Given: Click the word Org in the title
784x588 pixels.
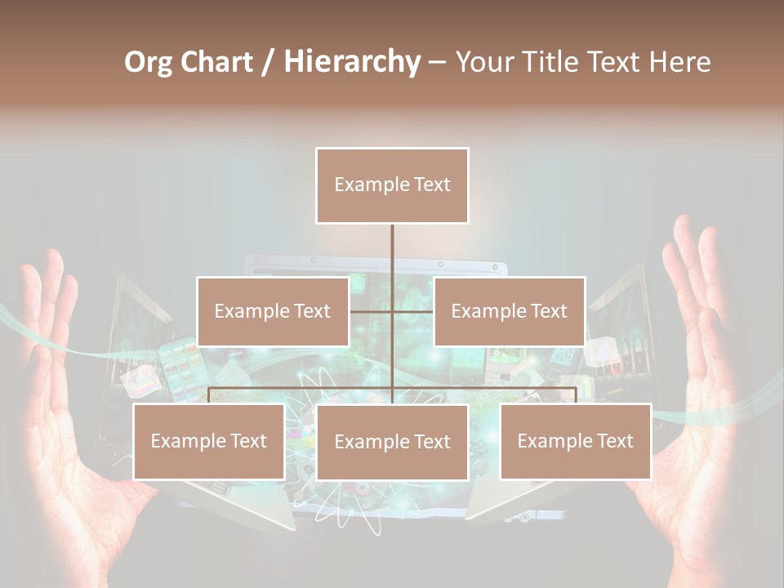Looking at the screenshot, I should pyautogui.click(x=148, y=62).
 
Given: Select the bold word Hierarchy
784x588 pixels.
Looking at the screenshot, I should pyautogui.click(x=352, y=62).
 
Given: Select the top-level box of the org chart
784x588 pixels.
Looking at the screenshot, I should pyautogui.click(x=392, y=185).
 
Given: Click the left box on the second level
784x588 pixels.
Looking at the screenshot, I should pyautogui.click(x=272, y=311).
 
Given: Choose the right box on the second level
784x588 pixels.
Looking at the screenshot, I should pyautogui.click(x=509, y=311).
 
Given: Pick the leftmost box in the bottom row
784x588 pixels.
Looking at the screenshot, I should pyautogui.click(x=208, y=441).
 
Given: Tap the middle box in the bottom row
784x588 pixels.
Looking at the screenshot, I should pyautogui.click(x=392, y=442).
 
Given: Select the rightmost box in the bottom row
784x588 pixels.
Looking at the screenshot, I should pyautogui.click(x=576, y=441).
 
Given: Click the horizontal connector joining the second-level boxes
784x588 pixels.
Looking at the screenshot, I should pyautogui.click(x=392, y=311).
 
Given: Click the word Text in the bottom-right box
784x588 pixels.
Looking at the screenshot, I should pyautogui.click(x=614, y=441).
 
